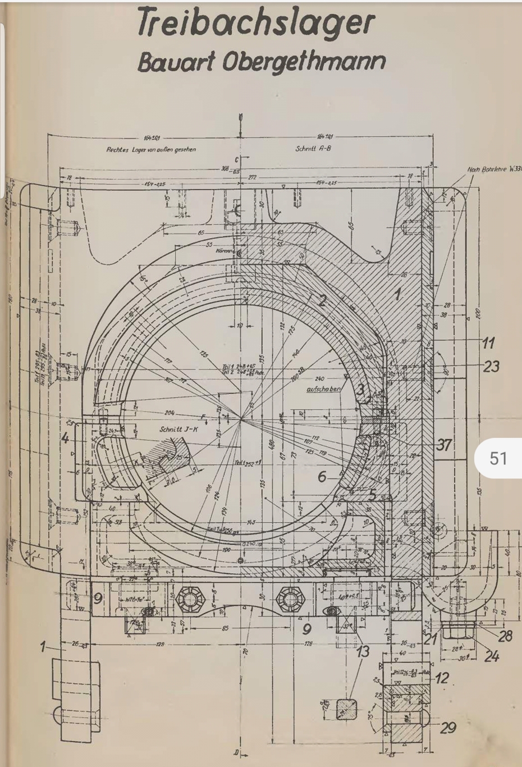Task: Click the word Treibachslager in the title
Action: coord(256,22)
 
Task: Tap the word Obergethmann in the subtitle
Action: coord(304,62)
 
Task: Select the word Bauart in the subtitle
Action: coord(176,62)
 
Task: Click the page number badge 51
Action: coord(498,458)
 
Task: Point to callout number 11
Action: coord(488,343)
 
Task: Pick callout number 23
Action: coord(491,366)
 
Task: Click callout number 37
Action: coord(443,445)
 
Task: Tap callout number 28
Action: coord(505,636)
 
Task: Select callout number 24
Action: coord(492,655)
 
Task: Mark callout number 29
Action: coord(447,728)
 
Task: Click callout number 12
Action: coord(442,678)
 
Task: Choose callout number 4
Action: coord(66,438)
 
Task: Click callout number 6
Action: coord(322,477)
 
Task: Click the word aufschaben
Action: coord(323,389)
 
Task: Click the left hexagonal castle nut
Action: coord(186,600)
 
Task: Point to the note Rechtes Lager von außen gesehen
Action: coord(151,149)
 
